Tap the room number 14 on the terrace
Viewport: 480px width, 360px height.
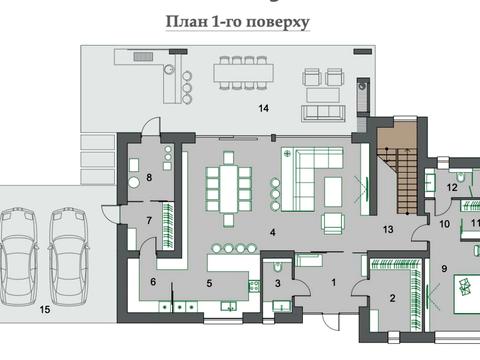coord(264,107)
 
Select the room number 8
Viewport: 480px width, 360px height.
coord(149,178)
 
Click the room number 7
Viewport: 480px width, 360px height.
coord(148,219)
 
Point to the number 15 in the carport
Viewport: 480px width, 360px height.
coord(43,310)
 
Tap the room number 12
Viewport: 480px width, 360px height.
coord(451,187)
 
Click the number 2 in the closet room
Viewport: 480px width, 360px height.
coord(391,297)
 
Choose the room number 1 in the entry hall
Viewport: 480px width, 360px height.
coord(334,283)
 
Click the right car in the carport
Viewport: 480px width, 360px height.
coord(67,245)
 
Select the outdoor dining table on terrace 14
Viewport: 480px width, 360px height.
coord(240,75)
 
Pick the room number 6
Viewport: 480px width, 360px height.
coord(153,282)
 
